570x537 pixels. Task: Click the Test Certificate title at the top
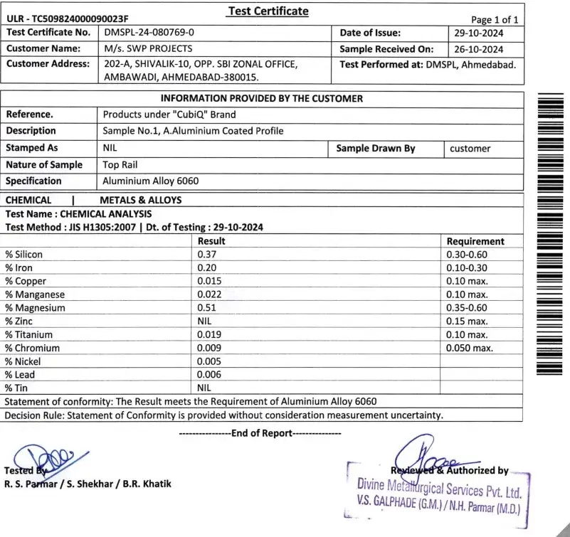[268, 11]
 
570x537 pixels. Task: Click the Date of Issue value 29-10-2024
[479, 32]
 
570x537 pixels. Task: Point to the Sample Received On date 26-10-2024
[479, 49]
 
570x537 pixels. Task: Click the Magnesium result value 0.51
[206, 308]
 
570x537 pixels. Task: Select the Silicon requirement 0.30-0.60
[467, 255]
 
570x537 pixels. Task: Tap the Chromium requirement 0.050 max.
[470, 348]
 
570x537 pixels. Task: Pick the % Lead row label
[21, 374]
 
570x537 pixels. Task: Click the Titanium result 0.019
[209, 334]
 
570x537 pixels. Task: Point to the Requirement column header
[475, 241]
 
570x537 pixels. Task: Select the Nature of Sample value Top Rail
[122, 165]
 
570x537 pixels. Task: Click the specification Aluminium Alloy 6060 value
[150, 181]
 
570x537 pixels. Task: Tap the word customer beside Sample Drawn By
[470, 149]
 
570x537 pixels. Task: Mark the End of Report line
[260, 432]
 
